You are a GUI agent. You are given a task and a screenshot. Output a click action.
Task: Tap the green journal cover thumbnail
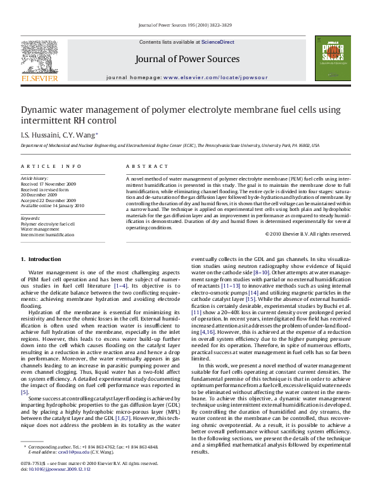point(333,58)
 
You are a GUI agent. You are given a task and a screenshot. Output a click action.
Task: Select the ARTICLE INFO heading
point(51,165)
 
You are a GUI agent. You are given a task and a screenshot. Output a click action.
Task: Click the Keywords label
point(30,219)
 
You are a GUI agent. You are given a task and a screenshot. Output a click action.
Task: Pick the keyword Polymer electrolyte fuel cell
point(48,224)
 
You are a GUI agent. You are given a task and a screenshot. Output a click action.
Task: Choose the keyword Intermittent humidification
point(48,234)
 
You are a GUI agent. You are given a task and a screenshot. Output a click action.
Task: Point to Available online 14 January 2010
point(52,205)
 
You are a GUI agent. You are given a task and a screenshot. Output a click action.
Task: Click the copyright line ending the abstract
point(307,234)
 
